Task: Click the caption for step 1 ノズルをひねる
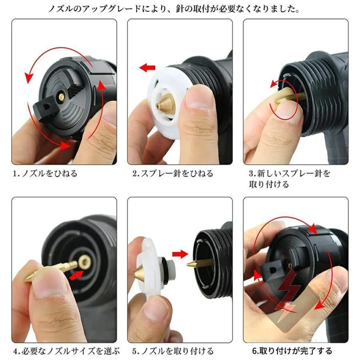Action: tap(45, 174)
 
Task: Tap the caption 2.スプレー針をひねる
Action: tap(173, 174)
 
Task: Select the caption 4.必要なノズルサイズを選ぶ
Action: tap(66, 351)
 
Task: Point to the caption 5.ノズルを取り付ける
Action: tap(173, 351)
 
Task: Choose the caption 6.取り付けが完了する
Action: tap(292, 351)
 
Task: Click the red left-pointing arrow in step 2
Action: tap(147, 68)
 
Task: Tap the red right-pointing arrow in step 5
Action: tap(180, 254)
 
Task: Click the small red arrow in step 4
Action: tap(76, 275)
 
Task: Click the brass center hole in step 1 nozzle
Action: tap(61, 97)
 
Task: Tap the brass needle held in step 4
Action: tap(50, 271)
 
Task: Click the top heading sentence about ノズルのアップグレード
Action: tap(174, 9)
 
